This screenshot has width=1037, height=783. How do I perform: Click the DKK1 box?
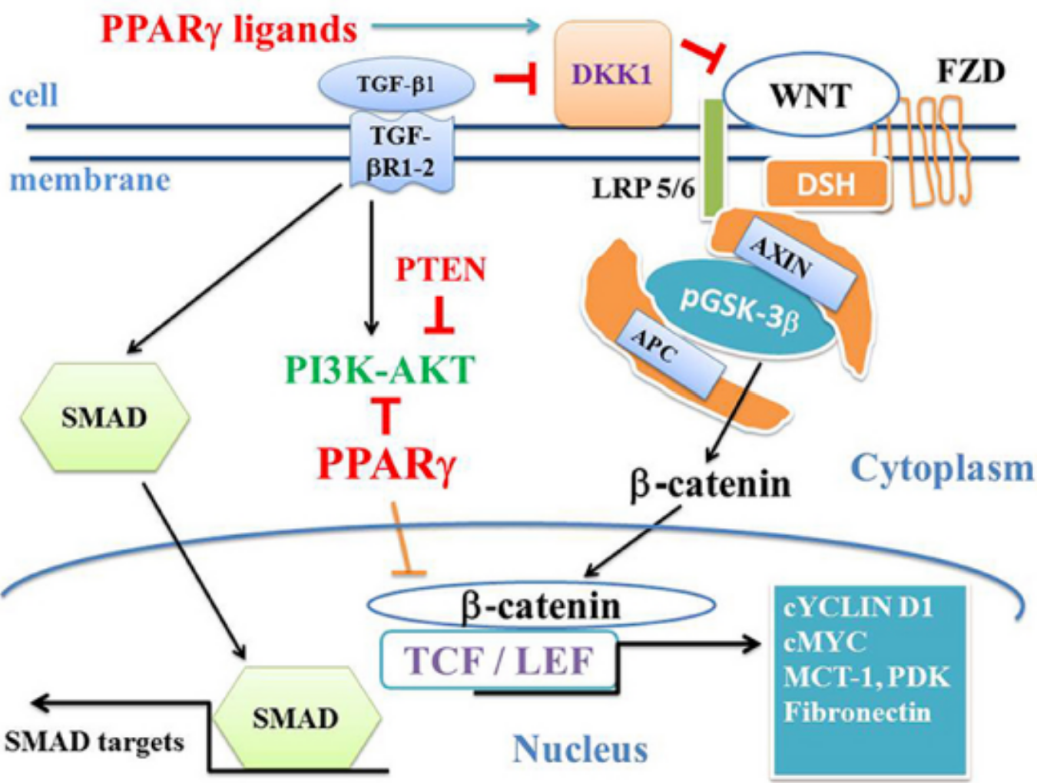pos(613,74)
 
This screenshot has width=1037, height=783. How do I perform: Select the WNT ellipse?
pos(810,95)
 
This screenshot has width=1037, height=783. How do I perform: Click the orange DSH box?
pos(827,183)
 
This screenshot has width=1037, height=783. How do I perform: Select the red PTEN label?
pos(441,269)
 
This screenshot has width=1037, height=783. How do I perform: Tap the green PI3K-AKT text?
pos(379,369)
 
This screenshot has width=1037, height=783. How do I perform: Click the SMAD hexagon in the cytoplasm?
pos(105,417)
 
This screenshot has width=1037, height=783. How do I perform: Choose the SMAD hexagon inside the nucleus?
pos(297,718)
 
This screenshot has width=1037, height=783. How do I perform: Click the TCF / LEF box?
pos(499,660)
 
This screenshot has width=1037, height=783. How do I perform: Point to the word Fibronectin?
pos(857,712)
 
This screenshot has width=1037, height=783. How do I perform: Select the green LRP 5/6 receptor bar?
pos(714,158)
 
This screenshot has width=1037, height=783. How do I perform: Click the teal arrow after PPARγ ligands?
pos(456,26)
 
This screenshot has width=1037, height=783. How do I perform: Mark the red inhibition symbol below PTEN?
pos(439,315)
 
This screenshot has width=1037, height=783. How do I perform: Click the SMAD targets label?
pos(94,743)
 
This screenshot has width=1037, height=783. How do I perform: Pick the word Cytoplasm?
pos(942,469)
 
